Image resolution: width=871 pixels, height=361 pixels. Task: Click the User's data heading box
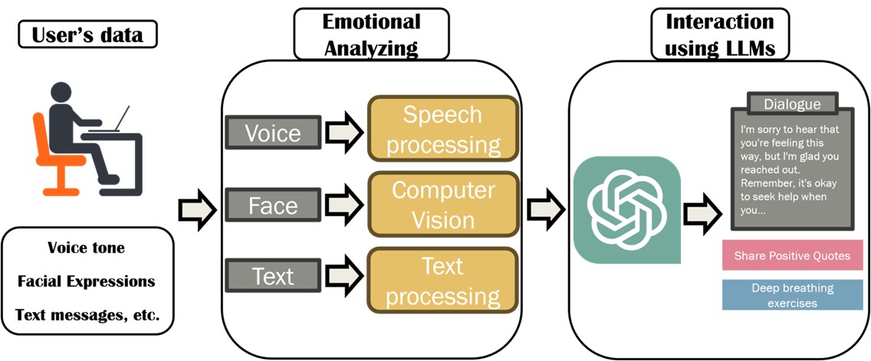86,34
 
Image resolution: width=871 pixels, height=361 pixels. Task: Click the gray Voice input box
272,133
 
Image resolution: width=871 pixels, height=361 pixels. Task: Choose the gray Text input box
272,274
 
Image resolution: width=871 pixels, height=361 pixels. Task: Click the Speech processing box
442,128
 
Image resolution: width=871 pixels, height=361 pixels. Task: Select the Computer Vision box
442,204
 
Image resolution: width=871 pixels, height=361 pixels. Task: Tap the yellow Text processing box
442,281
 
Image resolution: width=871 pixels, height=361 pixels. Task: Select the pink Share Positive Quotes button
786,255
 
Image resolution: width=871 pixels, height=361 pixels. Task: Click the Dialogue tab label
792,104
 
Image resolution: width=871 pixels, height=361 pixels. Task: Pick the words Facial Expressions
86,281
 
